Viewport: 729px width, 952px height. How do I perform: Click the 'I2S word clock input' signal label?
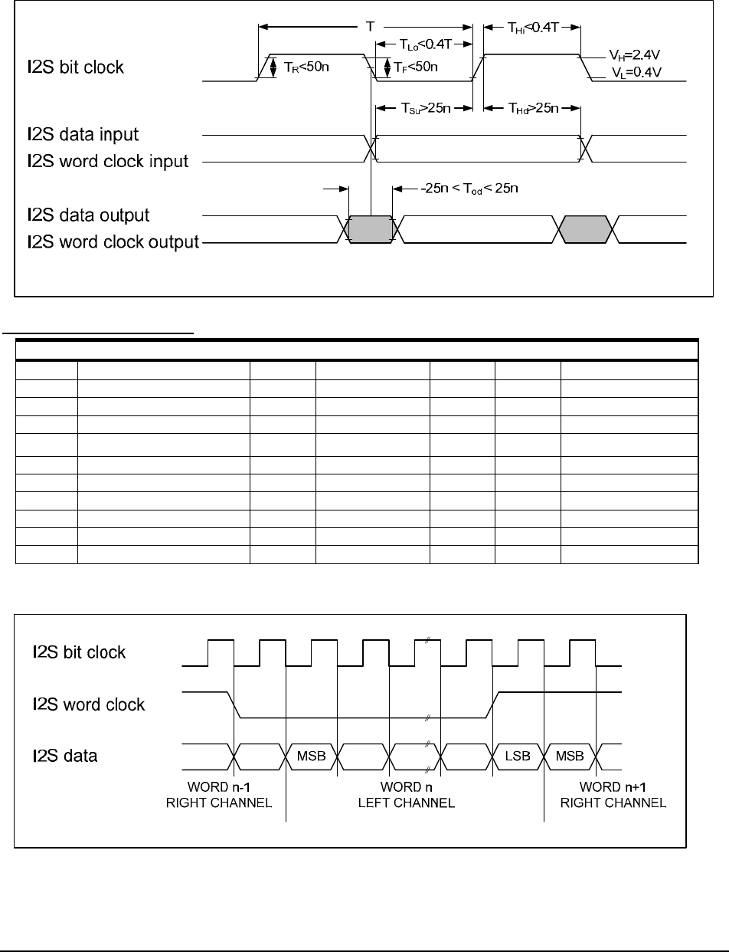pos(103,162)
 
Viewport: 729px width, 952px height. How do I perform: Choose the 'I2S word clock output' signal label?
pos(108,243)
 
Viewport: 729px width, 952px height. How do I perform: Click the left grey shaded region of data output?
pos(371,228)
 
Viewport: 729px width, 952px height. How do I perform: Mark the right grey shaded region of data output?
pos(586,228)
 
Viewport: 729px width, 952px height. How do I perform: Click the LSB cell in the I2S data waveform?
pos(518,757)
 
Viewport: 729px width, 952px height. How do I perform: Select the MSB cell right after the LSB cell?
pos(569,757)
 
